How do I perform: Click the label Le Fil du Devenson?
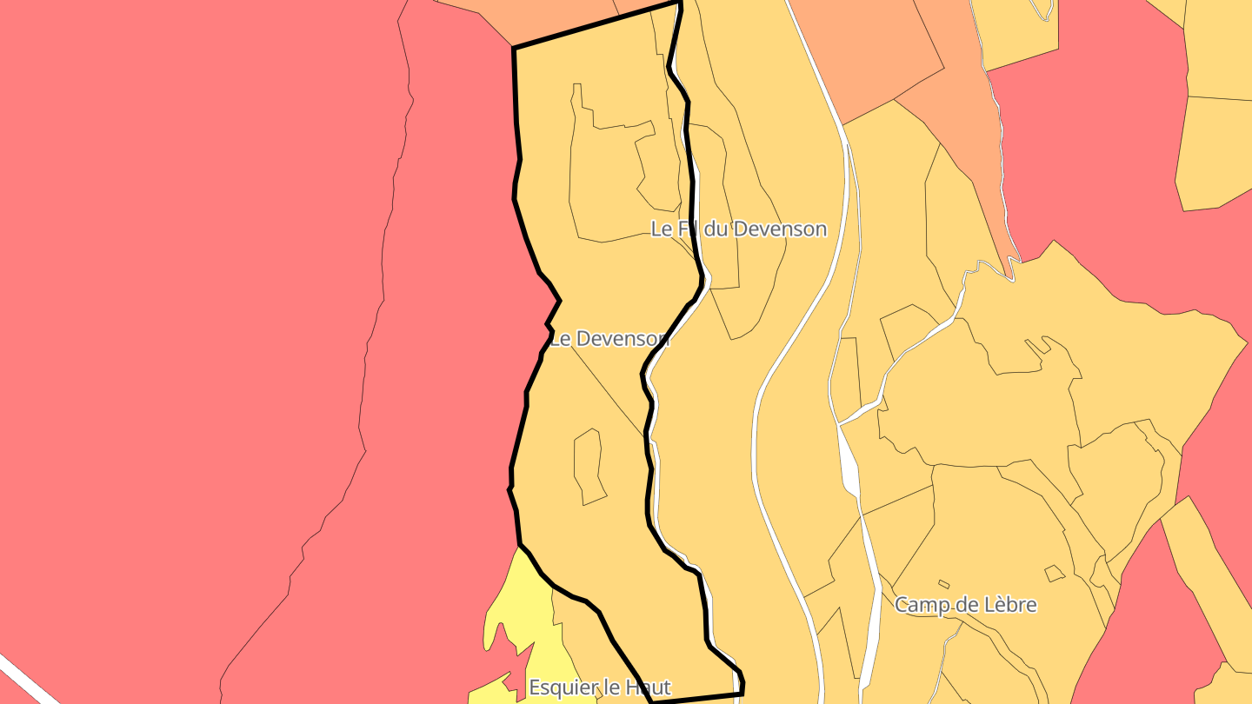click(738, 229)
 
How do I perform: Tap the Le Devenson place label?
click(609, 338)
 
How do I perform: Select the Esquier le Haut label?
click(600, 687)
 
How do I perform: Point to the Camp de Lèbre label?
click(965, 604)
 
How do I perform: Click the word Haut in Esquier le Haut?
click(649, 687)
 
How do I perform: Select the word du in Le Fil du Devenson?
click(716, 229)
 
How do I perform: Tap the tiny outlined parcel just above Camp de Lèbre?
click(944, 584)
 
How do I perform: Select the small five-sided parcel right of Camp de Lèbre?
click(1054, 573)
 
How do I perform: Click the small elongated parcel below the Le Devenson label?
click(588, 465)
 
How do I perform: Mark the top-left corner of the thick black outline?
click(515, 48)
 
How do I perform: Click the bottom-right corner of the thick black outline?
click(742, 694)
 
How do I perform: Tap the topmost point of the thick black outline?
click(679, 3)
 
